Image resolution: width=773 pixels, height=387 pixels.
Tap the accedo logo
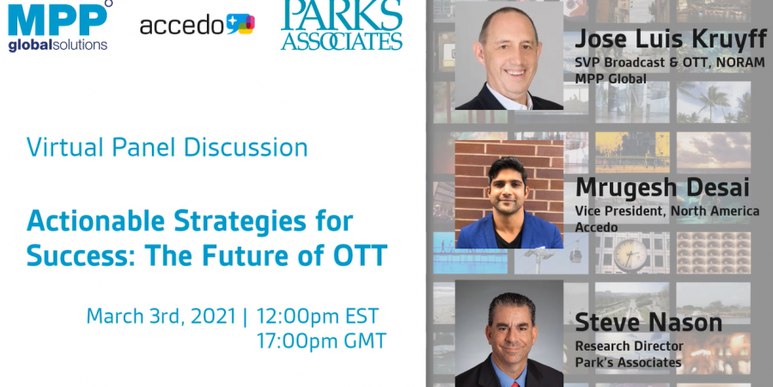(x=198, y=25)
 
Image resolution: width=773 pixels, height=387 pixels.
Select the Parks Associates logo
(x=342, y=25)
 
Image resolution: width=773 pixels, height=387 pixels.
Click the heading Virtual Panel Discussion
(x=167, y=147)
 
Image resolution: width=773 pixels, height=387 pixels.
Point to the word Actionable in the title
(x=95, y=221)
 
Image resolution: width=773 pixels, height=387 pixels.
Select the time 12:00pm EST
(x=317, y=316)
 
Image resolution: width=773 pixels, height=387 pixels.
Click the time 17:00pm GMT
(x=321, y=341)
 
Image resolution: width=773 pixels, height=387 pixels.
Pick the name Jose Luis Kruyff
(x=671, y=40)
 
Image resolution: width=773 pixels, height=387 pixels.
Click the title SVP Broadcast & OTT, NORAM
(x=670, y=62)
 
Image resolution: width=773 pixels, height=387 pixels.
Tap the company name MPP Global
(x=611, y=78)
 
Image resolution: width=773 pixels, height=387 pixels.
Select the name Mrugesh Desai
(x=662, y=187)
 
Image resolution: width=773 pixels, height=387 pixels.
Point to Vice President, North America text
(x=667, y=212)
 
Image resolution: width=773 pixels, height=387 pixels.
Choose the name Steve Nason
(x=648, y=322)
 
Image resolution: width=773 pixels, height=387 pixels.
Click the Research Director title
(x=629, y=346)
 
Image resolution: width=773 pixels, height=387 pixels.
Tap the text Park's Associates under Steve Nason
(x=628, y=362)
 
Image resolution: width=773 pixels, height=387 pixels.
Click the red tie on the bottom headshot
(x=515, y=384)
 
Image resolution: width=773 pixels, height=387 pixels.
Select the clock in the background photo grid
(x=630, y=255)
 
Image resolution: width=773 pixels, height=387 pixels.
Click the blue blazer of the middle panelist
(x=509, y=232)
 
